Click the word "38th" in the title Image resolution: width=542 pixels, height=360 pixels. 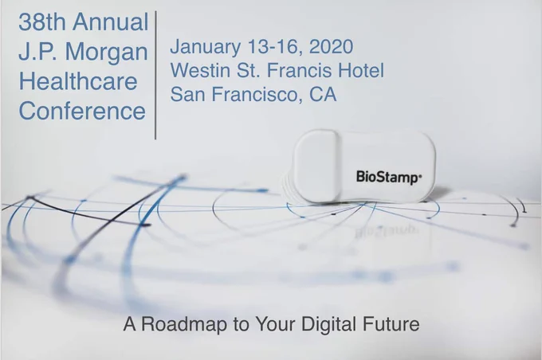coord(42,22)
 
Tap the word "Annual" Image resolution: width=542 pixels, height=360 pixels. coord(111,22)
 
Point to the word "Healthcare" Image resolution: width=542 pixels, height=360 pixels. coord(78,81)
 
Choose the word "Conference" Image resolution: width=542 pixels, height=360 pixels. coord(82,112)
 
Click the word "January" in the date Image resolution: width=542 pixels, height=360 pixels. coord(206,47)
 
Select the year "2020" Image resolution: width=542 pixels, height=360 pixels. coord(331,47)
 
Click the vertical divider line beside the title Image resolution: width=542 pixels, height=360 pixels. coord(155,75)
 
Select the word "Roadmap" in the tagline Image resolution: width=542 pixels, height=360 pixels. coord(184,324)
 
